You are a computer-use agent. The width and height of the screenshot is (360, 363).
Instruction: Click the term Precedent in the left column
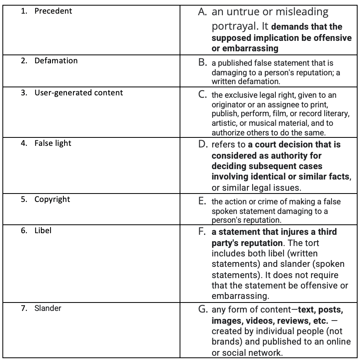coord(53,11)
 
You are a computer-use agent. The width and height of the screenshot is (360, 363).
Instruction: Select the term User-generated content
coord(79,93)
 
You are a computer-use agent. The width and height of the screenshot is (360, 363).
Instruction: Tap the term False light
coord(53,143)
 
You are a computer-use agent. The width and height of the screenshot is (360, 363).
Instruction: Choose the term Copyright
coord(52,199)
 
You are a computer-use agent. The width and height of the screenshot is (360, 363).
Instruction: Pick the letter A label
coord(202,12)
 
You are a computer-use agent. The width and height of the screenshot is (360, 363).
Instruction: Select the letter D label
coord(203,144)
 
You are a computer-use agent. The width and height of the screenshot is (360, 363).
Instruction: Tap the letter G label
coord(203,310)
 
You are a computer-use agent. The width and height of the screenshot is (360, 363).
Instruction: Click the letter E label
coord(202,202)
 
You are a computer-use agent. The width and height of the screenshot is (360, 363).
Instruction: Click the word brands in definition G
coord(226,342)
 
